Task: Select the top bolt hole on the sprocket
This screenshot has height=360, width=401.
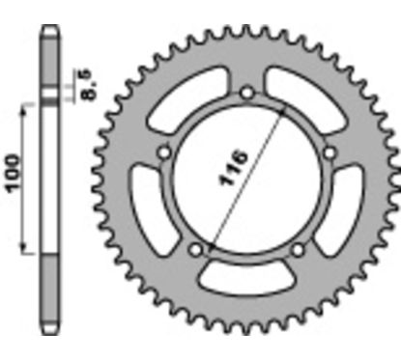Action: click(246, 93)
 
